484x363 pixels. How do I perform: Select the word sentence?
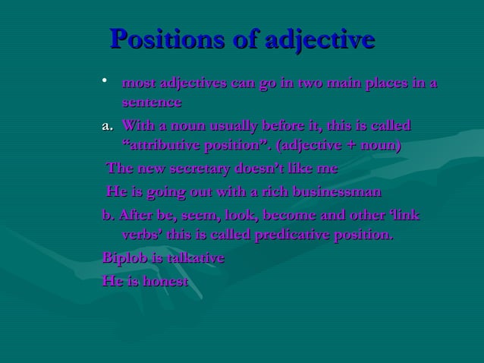click(x=152, y=101)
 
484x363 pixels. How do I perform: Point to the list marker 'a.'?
click(x=108, y=125)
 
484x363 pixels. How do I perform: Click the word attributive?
click(x=170, y=144)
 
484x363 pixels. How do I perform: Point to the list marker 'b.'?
click(x=108, y=215)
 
